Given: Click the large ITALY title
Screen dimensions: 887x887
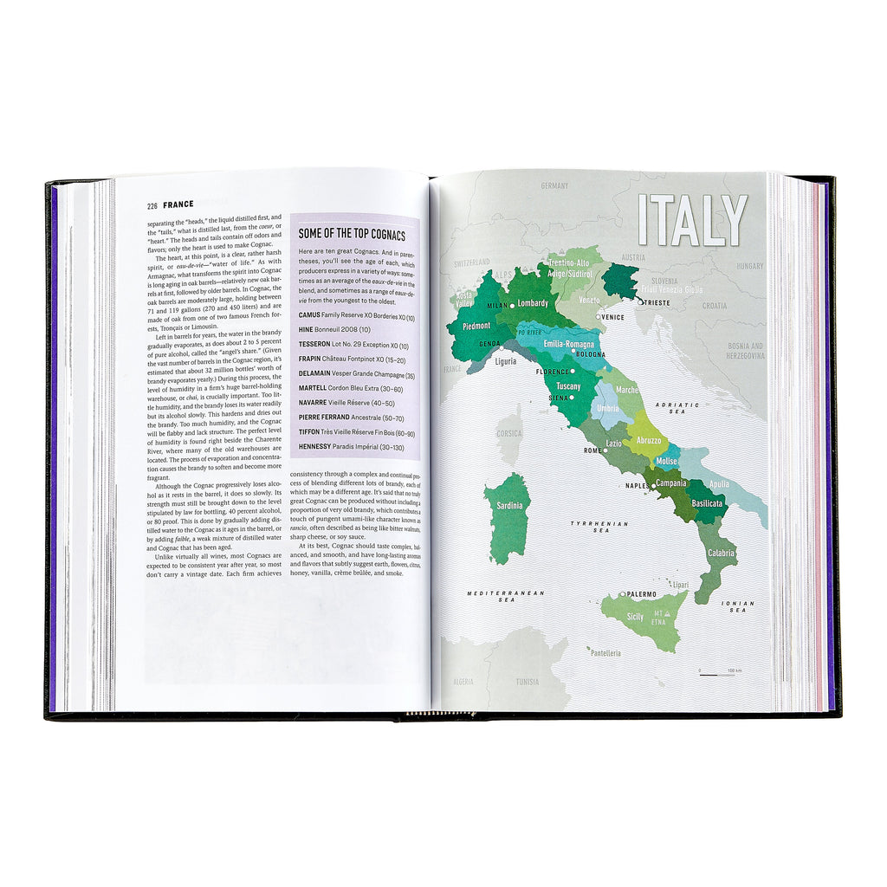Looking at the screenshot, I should (x=692, y=220).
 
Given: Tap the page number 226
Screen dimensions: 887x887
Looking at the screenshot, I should (x=152, y=205).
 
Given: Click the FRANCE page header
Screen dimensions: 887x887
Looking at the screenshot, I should (x=178, y=205).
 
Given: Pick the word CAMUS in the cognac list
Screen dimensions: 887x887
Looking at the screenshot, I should (x=309, y=318).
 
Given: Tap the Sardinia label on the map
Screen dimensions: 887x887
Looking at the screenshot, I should (x=507, y=505).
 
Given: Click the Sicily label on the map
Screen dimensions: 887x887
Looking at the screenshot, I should (x=635, y=617).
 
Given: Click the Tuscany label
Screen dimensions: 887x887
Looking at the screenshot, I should (x=568, y=385).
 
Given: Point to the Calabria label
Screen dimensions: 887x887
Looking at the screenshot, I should (x=721, y=553).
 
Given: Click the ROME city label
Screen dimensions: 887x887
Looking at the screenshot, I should (x=592, y=450).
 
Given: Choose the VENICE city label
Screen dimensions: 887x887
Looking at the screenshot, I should (x=612, y=317).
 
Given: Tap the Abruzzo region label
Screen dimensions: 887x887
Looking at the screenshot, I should (x=649, y=440).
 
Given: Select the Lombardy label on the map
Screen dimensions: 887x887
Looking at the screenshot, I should (x=533, y=303).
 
